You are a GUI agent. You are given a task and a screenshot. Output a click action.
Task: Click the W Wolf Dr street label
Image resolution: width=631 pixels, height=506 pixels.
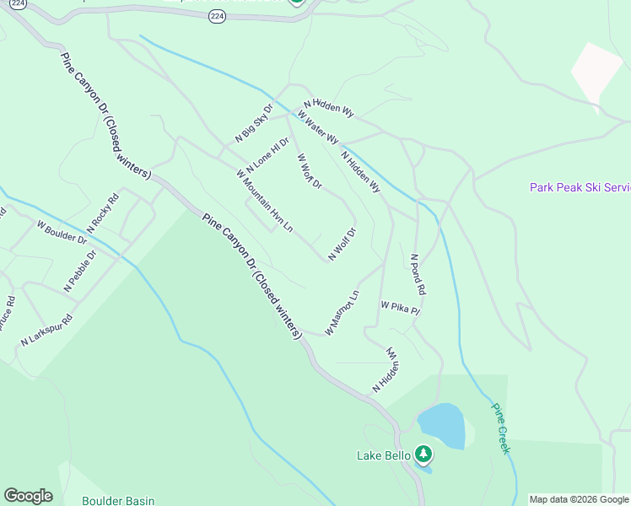pos(309,170)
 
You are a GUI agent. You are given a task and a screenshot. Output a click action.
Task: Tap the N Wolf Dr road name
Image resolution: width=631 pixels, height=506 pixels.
pos(342,243)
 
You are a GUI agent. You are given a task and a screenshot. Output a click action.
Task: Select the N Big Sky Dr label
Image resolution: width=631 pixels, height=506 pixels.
pos(254,122)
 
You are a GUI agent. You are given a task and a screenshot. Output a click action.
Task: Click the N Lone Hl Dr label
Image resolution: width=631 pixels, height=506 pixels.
pos(268,155)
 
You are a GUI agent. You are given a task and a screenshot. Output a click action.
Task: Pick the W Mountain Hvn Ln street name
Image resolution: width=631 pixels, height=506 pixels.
pos(265,201)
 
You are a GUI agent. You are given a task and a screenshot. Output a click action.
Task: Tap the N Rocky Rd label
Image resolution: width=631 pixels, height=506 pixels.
pos(103,213)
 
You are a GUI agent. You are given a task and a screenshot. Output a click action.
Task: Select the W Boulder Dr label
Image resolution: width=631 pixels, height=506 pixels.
pos(62,232)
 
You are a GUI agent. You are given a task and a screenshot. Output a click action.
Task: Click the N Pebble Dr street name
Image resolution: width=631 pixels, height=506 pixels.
pos(81,271)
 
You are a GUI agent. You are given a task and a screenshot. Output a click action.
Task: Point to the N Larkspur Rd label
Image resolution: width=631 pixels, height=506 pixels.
pos(47,330)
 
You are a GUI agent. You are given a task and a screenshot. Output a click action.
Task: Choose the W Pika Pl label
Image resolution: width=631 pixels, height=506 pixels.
pos(400,308)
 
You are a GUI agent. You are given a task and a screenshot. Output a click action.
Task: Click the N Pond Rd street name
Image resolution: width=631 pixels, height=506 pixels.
pos(418,274)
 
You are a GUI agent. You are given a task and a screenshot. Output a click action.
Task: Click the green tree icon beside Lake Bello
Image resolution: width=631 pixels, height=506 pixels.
pos(423,455)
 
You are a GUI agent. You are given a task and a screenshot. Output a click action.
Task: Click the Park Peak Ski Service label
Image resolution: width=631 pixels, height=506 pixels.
pos(580,187)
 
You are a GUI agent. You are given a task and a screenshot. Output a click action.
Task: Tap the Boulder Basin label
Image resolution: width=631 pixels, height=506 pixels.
pos(118,500)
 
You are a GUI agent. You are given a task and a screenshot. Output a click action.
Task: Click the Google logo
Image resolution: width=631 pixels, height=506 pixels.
pos(28,496)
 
